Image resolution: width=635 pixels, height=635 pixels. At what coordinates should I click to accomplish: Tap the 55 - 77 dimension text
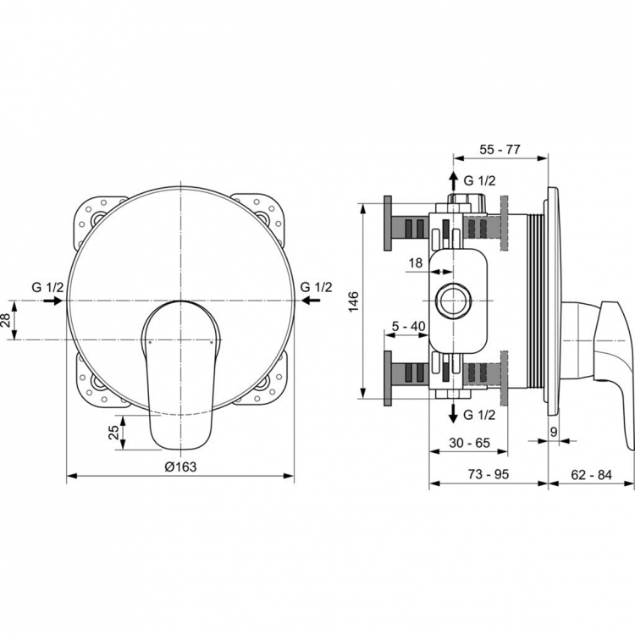point(500,150)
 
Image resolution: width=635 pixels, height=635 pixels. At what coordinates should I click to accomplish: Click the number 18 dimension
point(416,262)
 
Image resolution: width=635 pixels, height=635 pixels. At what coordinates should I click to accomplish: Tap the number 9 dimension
point(553,431)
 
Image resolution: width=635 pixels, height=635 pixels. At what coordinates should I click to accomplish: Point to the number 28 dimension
point(8,320)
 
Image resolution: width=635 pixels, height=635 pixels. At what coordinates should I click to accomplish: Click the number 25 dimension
point(113,433)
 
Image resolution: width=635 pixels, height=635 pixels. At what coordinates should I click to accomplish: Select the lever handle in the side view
point(614,356)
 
